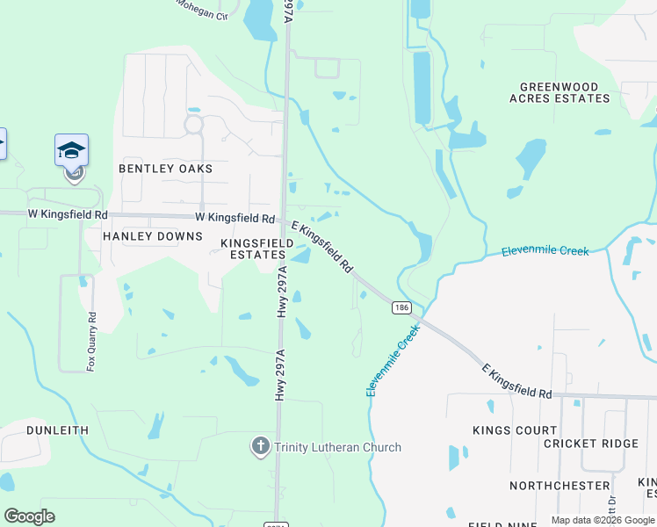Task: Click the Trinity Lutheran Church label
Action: [337, 447]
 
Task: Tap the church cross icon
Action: [260, 447]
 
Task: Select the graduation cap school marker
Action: [71, 151]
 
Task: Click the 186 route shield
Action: [401, 307]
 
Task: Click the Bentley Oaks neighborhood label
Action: [165, 168]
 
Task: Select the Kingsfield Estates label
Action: [253, 248]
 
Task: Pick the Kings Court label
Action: [515, 430]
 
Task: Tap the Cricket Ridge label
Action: [591, 444]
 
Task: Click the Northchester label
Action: [560, 486]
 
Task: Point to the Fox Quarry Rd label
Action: [90, 339]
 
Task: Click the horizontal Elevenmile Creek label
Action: [545, 251]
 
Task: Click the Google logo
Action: [30, 516]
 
